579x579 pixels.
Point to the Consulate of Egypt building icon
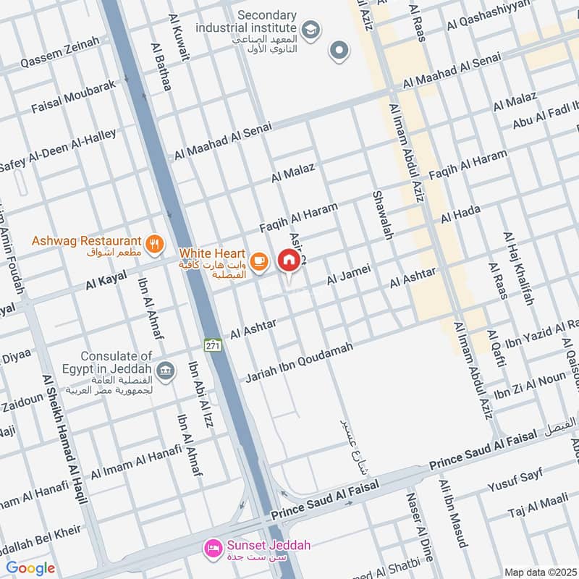(166, 371)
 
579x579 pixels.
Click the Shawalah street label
(382, 215)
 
